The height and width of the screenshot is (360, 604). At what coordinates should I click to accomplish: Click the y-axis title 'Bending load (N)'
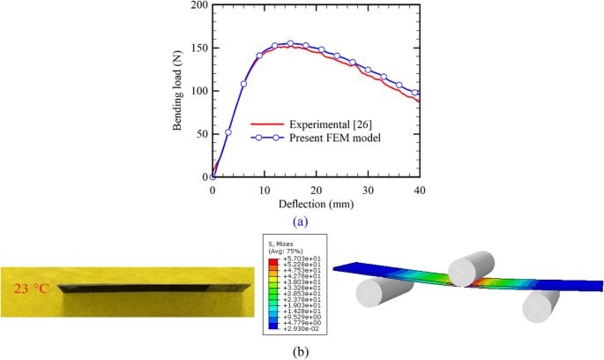point(178,91)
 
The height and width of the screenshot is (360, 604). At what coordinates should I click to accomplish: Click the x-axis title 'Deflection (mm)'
point(315,202)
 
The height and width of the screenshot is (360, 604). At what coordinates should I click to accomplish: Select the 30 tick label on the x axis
point(368,189)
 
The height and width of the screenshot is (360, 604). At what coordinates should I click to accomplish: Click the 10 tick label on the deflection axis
point(264,189)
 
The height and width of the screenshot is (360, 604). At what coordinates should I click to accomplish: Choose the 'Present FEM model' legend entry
point(331,138)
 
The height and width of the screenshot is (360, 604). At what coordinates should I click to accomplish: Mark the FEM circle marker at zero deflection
point(213,176)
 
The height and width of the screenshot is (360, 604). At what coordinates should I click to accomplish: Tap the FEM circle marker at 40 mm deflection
point(415,93)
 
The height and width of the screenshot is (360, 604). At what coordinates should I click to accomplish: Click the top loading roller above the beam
point(466,259)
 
